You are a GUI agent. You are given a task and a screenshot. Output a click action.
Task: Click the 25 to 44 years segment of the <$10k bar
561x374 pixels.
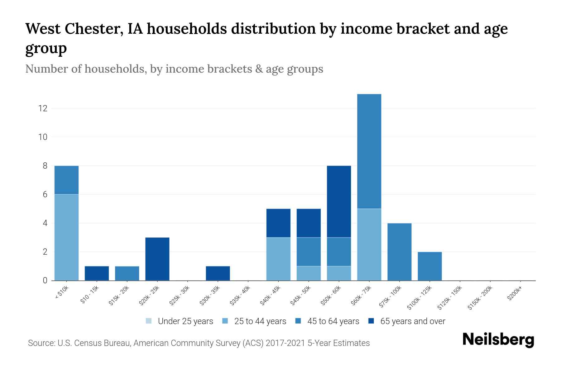click(x=66, y=237)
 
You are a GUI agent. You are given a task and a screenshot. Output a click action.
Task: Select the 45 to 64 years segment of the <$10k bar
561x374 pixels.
click(x=66, y=180)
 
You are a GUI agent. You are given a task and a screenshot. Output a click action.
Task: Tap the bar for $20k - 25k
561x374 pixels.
click(x=157, y=259)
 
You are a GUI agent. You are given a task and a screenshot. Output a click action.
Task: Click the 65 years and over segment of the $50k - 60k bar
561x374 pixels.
click(x=339, y=202)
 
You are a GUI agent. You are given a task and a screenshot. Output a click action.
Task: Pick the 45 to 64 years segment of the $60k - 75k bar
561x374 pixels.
click(x=369, y=151)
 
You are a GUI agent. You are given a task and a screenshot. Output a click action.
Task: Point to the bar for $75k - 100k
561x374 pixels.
click(x=399, y=252)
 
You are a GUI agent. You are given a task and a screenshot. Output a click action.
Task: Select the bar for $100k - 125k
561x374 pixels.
click(x=429, y=266)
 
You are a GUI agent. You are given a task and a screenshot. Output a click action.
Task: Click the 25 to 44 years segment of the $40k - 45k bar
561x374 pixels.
click(x=278, y=259)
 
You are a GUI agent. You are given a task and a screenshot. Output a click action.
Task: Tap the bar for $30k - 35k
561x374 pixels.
click(x=218, y=273)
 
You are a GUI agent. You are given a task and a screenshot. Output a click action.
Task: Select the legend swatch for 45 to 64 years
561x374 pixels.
click(x=298, y=321)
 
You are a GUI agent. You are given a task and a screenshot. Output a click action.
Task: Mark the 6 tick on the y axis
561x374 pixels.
click(x=45, y=194)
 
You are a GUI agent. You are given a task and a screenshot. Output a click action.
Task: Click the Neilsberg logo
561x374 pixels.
click(x=498, y=340)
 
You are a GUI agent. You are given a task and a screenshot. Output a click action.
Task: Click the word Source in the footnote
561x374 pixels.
click(x=41, y=343)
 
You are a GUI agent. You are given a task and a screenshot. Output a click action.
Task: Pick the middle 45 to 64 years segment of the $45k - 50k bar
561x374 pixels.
click(x=309, y=252)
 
